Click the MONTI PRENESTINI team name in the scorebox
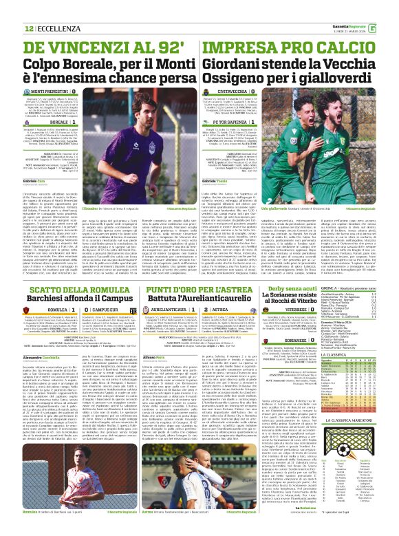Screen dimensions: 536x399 (x=67, y=91)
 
